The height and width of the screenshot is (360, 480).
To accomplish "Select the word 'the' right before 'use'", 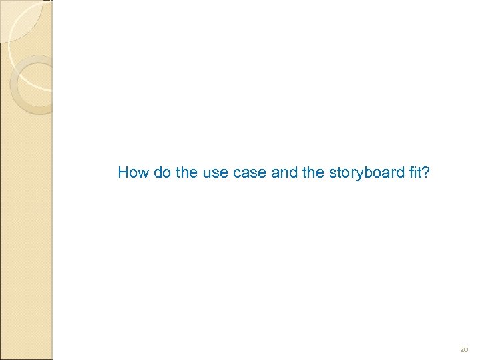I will point(186,173).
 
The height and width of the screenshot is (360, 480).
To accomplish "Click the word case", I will point(244,173).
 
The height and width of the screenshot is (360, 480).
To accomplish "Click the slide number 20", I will point(464,349).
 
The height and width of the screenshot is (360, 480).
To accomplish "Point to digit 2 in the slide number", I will point(461,349).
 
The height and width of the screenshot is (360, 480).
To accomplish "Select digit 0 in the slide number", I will point(467,349).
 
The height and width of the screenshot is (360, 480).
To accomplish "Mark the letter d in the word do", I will point(158,173).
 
